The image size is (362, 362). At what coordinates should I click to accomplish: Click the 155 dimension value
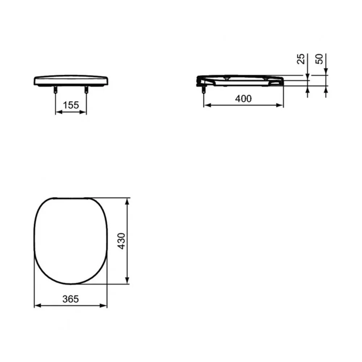pyautogui.click(x=71, y=105)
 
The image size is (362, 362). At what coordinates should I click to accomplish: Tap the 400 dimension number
pyautogui.click(x=243, y=99)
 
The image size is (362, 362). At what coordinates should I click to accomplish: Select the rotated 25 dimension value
pyautogui.click(x=300, y=59)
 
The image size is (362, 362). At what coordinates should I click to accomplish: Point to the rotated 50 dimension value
pyautogui.click(x=319, y=59)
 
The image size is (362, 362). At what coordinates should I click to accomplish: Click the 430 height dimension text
pyautogui.click(x=121, y=241)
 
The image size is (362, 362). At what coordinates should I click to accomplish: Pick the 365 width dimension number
pyautogui.click(x=71, y=299)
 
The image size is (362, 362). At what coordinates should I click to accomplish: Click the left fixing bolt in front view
pyautogui.click(x=55, y=89)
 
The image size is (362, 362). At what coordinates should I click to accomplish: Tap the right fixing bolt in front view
pyautogui.click(x=87, y=89)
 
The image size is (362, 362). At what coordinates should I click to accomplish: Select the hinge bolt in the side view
pyautogui.click(x=203, y=89)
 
